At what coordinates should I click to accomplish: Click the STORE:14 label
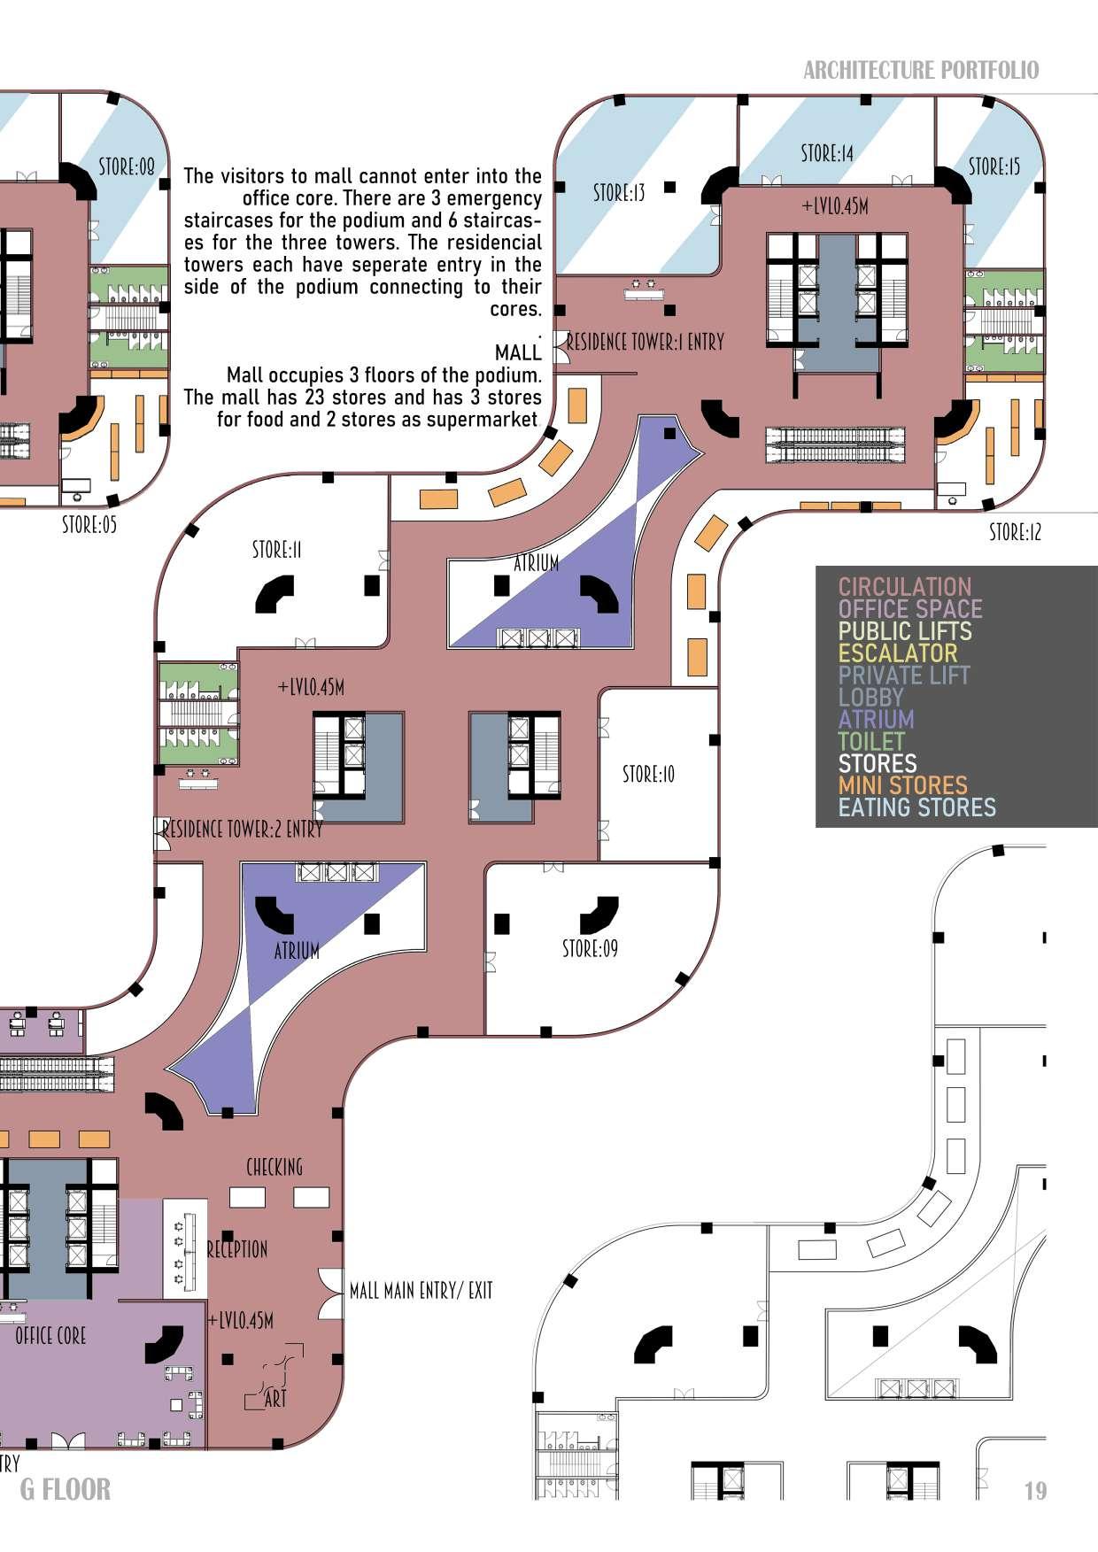click(x=827, y=154)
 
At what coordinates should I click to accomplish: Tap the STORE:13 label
click(x=619, y=192)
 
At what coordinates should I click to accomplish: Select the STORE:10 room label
click(x=648, y=775)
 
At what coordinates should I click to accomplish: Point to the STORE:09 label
click(x=590, y=949)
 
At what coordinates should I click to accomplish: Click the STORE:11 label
click(x=276, y=551)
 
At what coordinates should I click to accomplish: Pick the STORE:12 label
click(x=1015, y=533)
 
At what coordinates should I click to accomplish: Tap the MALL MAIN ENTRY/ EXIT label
click(x=421, y=1291)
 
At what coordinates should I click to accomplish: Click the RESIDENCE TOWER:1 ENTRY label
click(x=645, y=342)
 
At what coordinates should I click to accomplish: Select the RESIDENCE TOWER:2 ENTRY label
click(x=242, y=830)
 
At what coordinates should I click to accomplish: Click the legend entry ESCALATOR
click(x=898, y=653)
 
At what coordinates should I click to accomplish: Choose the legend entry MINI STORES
click(x=902, y=785)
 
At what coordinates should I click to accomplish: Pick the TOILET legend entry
click(x=871, y=741)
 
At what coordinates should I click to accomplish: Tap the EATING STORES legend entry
click(x=916, y=807)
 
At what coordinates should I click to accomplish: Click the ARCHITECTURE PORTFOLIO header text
click(x=921, y=71)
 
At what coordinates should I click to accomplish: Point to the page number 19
click(x=1035, y=1491)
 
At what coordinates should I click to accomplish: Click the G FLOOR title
click(x=66, y=1489)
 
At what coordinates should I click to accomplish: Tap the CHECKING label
click(x=274, y=1167)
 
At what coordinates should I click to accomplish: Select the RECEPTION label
click(x=237, y=1249)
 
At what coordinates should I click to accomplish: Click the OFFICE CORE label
click(x=50, y=1335)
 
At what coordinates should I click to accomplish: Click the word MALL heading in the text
click(x=518, y=352)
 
